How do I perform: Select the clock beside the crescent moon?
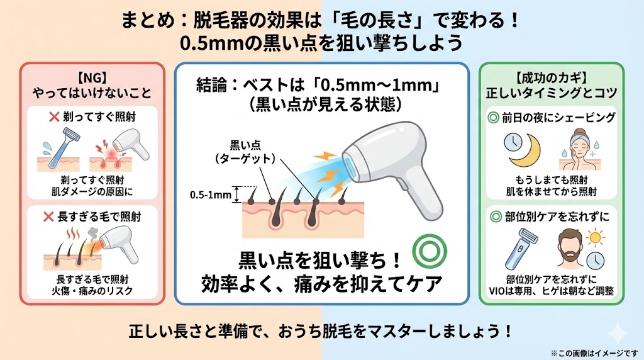pos(515,142)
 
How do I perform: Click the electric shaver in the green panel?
pos(521,247)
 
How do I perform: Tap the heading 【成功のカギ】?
pos(550,79)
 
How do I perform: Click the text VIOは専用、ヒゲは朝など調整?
pos(551,291)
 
